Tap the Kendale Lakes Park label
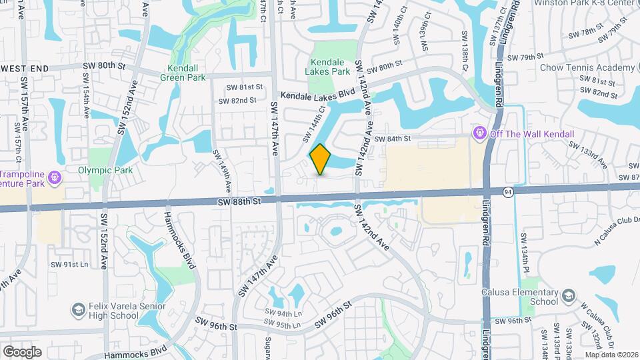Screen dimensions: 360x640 [327, 66]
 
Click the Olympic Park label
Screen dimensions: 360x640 [101, 170]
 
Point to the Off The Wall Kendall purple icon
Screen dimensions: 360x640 [479, 134]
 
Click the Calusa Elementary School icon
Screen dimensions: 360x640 [568, 295]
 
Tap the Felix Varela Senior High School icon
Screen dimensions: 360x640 [78, 309]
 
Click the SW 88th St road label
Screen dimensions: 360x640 [238, 201]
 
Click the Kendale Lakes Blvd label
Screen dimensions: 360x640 [317, 95]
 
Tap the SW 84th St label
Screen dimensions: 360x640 [390, 139]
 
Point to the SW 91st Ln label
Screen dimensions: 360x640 [69, 265]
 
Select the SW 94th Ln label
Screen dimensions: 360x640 [283, 313]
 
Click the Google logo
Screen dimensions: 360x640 [22, 351]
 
